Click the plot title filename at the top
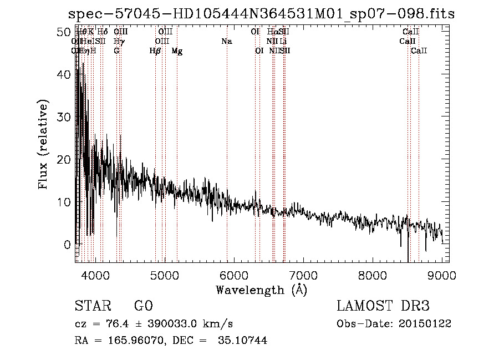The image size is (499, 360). click(261, 14)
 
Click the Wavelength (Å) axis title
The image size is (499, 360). click(261, 290)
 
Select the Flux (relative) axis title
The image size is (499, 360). click(44, 144)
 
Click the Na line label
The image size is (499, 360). click(226, 42)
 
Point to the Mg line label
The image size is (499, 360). click(177, 51)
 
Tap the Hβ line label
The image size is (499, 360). click(155, 51)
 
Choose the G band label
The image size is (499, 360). click(116, 51)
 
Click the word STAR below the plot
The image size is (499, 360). click(92, 306)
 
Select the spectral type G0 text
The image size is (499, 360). click(143, 306)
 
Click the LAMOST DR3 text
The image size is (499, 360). click(383, 306)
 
